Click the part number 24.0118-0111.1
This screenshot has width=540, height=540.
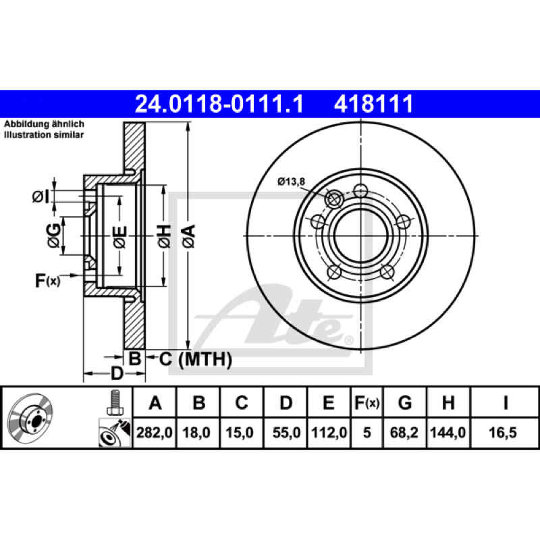219,104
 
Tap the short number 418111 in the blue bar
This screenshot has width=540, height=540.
373,104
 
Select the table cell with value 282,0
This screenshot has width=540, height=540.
155,433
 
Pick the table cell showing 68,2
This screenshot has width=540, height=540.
404,433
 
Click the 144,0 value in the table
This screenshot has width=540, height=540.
448,433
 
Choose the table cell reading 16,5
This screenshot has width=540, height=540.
503,433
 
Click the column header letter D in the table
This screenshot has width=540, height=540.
286,402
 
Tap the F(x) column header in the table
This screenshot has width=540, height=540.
367,402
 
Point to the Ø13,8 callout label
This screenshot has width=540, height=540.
291,181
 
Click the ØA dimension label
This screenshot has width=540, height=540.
189,236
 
